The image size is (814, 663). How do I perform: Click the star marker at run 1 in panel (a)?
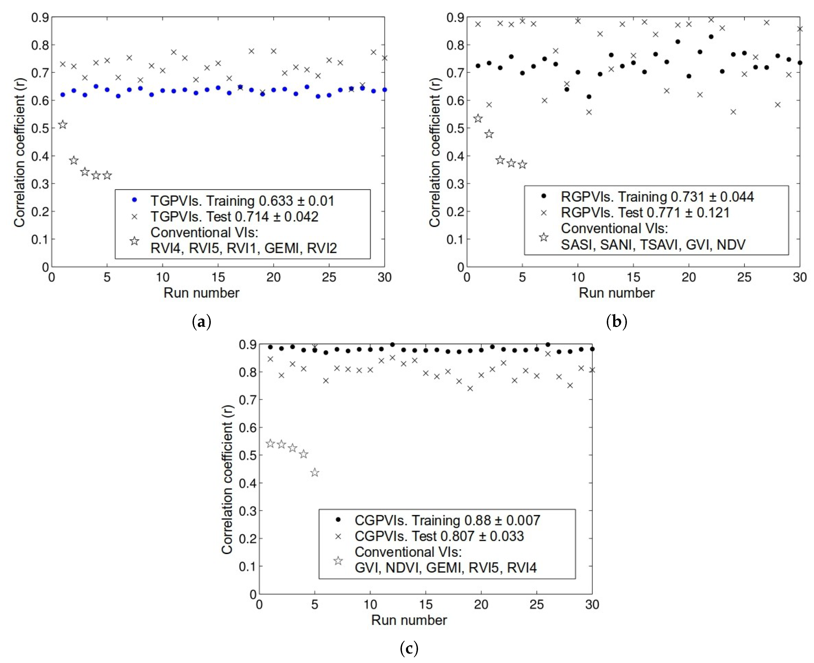click(x=63, y=125)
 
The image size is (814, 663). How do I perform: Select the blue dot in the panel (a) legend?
click(x=134, y=200)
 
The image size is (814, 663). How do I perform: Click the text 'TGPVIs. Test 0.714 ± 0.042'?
click(x=234, y=217)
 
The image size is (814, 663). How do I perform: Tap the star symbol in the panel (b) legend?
click(x=544, y=237)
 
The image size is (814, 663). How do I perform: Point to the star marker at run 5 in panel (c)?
click(x=315, y=473)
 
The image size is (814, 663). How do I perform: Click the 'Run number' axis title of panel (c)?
click(x=409, y=620)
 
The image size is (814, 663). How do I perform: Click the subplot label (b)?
click(x=616, y=322)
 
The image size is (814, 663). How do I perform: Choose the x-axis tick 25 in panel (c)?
click(x=537, y=605)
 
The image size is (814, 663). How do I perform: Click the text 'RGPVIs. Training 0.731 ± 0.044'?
click(x=657, y=197)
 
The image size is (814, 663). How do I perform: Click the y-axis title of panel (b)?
click(x=434, y=142)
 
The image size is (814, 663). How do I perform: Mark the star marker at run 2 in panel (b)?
click(x=489, y=134)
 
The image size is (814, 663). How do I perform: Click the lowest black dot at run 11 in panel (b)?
click(x=589, y=97)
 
